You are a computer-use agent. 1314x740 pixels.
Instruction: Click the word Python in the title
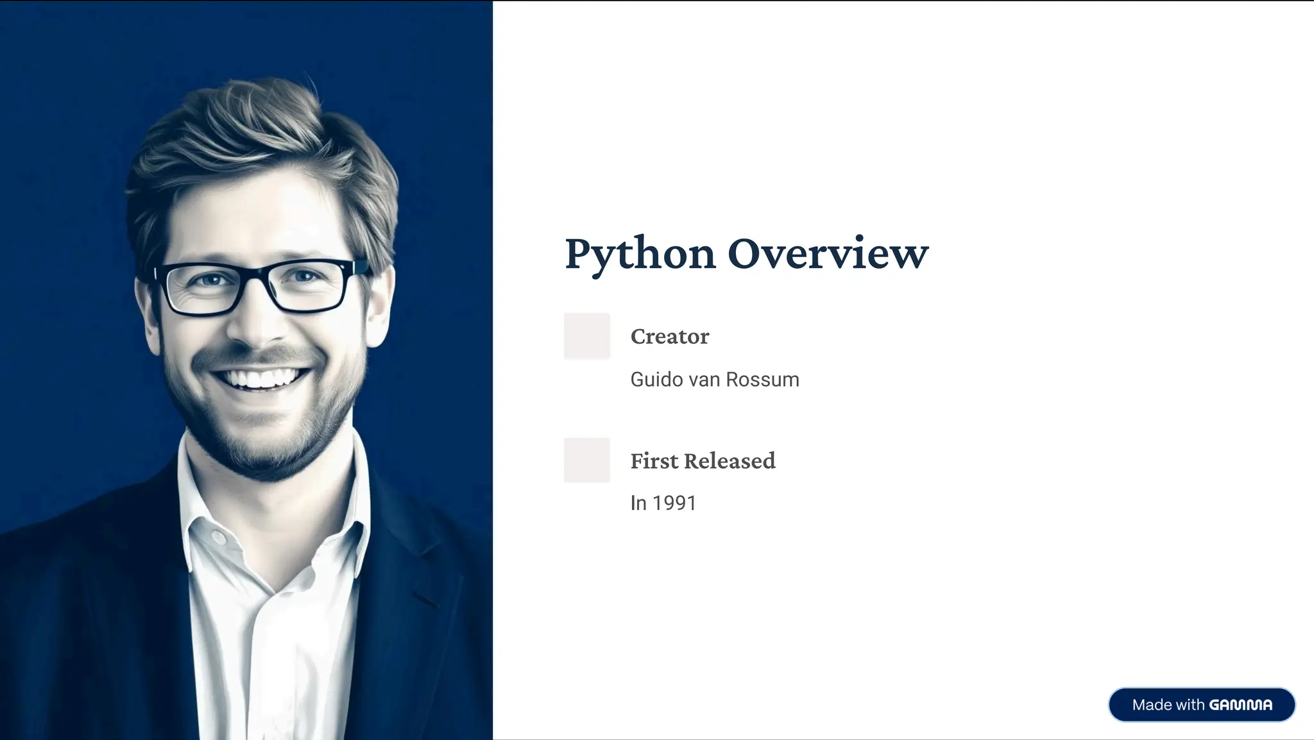pos(640,254)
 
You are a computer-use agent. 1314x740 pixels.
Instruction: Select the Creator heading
pos(669,337)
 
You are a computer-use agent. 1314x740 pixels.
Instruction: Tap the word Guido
pos(656,380)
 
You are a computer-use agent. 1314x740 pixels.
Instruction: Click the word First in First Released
pos(654,461)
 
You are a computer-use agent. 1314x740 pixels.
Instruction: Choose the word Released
pos(730,461)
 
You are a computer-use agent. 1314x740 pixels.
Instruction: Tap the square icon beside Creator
pos(586,335)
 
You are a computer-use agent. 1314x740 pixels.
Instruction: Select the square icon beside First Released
pos(586,460)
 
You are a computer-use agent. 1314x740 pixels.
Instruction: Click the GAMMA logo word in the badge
pos(1240,705)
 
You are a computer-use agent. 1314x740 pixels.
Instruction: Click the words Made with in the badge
pos(1168,705)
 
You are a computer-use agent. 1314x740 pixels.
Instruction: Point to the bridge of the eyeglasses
pos(259,274)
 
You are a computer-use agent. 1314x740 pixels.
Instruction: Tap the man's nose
pos(257,321)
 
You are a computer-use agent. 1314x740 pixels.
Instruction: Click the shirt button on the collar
pos(219,537)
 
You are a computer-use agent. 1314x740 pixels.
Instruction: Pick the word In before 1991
pos(638,503)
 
